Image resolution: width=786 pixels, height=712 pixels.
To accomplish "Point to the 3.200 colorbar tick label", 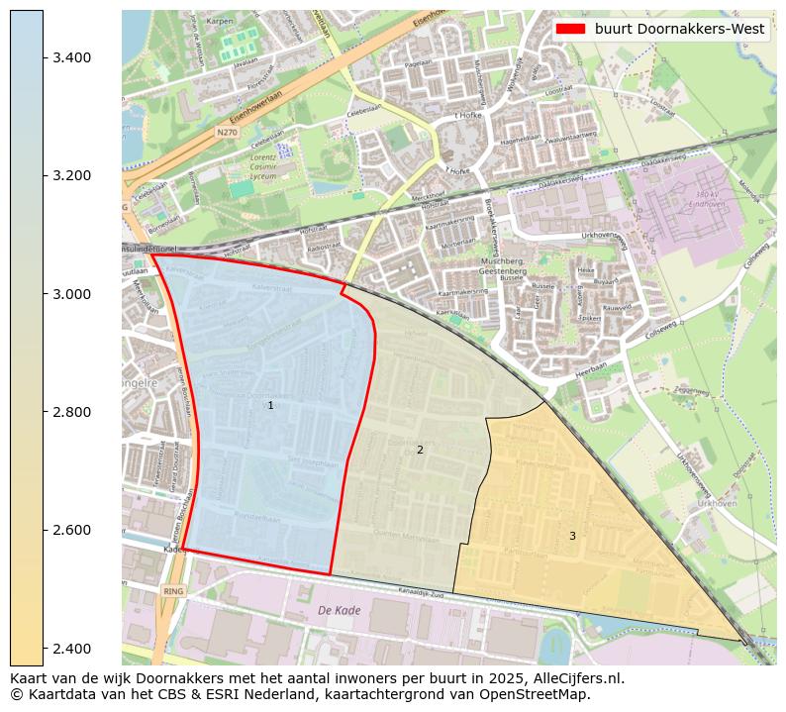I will pos(71,175).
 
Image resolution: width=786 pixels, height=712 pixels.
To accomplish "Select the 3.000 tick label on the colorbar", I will pos(71,294).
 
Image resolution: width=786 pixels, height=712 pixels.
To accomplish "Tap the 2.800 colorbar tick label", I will pos(71,412).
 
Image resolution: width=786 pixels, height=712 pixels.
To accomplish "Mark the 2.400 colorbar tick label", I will pos(71,648).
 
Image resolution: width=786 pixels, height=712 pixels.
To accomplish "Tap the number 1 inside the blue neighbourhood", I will pos(270,406).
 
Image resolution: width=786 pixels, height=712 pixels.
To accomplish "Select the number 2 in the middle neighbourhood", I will pos(420,451).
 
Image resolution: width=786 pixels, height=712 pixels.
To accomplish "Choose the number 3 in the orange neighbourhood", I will pos(572,537).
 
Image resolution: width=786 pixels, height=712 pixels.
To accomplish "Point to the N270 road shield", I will pos(228,131).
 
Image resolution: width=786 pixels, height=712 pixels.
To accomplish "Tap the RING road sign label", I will pos(173,591).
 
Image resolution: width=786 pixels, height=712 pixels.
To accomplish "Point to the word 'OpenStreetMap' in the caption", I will pos(539,694).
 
